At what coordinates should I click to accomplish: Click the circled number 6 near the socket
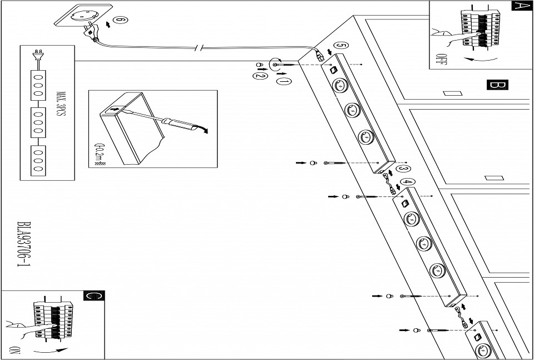point(118,21)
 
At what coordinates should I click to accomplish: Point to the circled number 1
point(283,82)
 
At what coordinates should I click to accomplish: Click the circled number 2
point(259,76)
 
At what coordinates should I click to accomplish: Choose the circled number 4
point(407,182)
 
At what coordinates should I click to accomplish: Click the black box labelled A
point(520,6)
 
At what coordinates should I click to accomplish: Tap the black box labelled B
point(497,85)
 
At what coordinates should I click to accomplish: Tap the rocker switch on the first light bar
point(332,70)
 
